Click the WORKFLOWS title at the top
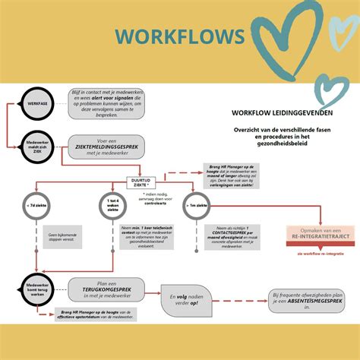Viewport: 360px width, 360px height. [180, 36]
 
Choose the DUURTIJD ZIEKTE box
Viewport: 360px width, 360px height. [141, 183]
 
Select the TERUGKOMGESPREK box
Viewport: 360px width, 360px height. [109, 289]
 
